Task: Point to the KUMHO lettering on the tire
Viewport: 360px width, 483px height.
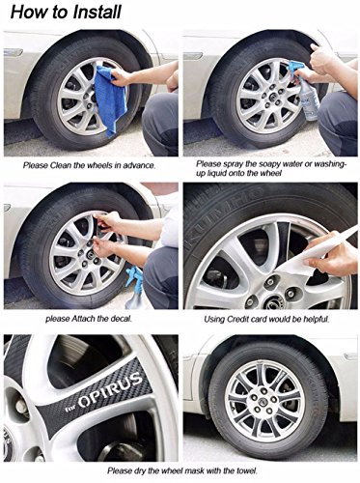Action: [223, 218]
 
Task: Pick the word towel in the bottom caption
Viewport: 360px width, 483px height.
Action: [247, 470]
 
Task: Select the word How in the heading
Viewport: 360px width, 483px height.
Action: [23, 13]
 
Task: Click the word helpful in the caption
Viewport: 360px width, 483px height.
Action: [317, 319]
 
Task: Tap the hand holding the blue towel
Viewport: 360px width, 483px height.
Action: [121, 76]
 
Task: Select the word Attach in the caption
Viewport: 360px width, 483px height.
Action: [83, 319]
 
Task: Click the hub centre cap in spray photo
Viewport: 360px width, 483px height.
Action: [273, 96]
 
